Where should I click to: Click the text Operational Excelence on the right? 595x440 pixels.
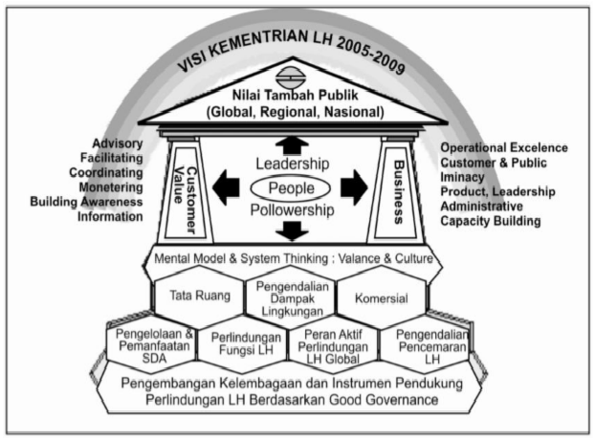[503, 148]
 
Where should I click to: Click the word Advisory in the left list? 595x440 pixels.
[119, 143]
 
